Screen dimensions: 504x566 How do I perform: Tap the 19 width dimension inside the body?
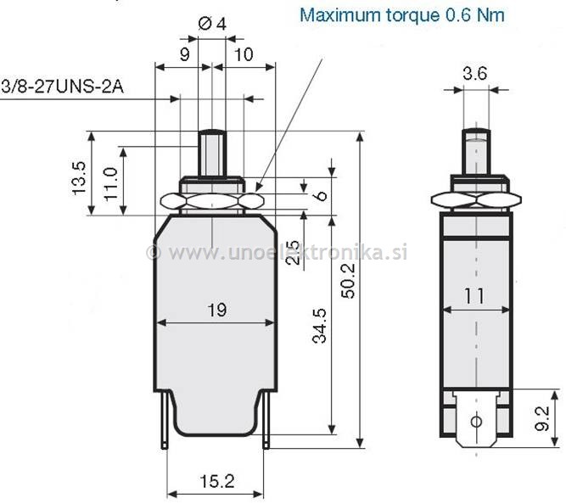pos(216,310)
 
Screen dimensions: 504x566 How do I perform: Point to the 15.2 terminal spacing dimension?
pos(217,481)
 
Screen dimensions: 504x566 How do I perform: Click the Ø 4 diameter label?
pos(212,25)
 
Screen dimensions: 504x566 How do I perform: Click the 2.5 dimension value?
pos(292,252)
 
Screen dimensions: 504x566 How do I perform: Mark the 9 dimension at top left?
pos(184,54)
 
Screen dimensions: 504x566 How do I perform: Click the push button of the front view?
pos(210,153)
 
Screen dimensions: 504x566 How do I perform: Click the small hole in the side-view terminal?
pos(475,421)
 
